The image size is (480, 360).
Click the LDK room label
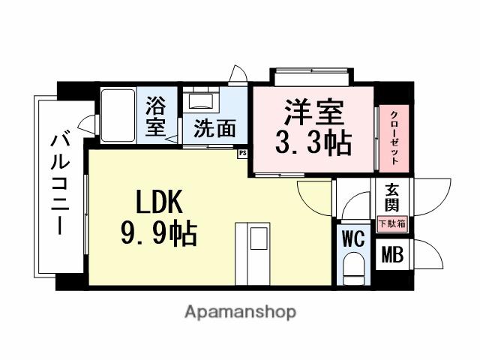point(159,203)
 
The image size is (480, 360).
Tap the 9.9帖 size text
point(159,235)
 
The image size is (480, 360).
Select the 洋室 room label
point(313,114)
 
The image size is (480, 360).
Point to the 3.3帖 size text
point(313,143)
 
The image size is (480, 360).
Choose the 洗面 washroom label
point(214,127)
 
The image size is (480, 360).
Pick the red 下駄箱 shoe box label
point(391,223)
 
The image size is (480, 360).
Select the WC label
point(352,239)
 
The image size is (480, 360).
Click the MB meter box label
point(392,255)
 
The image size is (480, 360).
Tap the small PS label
point(242,153)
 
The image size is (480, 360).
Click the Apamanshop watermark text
point(240,311)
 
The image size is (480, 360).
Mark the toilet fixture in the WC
point(352,268)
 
